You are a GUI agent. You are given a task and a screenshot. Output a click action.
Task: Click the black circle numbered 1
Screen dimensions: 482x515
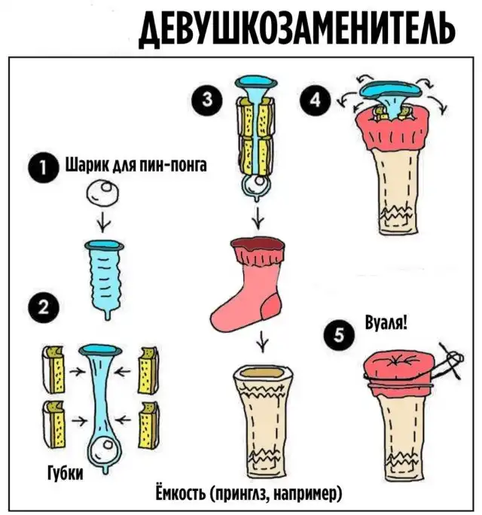coord(44,169)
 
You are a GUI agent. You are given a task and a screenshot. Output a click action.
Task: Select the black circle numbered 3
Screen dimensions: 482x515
coord(207,100)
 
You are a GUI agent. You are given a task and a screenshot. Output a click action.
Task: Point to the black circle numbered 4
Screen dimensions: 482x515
coord(315,100)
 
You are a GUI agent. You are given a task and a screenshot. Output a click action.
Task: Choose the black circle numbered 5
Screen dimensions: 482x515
coord(339,336)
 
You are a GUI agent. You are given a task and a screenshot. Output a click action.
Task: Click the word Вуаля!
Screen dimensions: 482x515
coord(386,323)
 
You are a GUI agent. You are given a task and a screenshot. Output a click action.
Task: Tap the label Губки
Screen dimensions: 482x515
coord(66,474)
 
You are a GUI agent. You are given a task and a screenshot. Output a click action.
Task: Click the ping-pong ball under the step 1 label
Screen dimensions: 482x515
coord(102,193)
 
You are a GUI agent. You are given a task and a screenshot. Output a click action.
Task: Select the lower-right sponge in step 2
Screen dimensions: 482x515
coord(149,426)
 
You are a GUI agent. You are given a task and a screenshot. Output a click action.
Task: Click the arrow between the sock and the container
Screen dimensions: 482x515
coord(262,341)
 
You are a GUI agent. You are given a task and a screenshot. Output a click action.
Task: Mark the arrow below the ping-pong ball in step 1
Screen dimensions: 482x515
coord(104,221)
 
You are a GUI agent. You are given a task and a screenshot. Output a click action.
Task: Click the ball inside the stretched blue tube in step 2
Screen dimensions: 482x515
coord(105,449)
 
